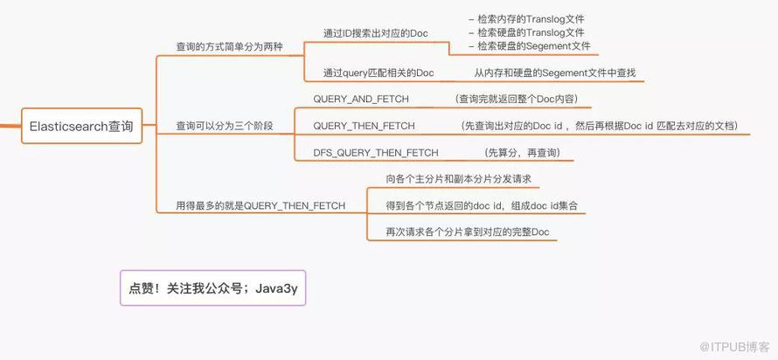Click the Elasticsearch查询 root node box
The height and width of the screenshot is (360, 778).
pyautogui.click(x=82, y=126)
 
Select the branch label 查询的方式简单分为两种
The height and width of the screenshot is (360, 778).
pyautogui.click(x=230, y=46)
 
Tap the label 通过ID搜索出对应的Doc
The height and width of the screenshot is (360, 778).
pyautogui.click(x=376, y=34)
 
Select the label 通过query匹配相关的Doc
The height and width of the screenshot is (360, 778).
pyautogui.click(x=379, y=73)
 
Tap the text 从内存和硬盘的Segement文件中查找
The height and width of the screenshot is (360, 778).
pyautogui.click(x=555, y=73)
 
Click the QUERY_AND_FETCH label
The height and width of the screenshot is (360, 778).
pyautogui.click(x=361, y=99)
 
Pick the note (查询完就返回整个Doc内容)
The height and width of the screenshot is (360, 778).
pyautogui.click(x=516, y=99)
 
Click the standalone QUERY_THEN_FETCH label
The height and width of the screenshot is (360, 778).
pyautogui.click(x=364, y=126)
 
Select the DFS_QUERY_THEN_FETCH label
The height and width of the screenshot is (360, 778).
pyautogui.click(x=376, y=153)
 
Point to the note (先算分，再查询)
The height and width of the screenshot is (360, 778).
pyautogui.click(x=522, y=153)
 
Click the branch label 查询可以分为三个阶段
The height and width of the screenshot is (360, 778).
pyautogui.click(x=225, y=126)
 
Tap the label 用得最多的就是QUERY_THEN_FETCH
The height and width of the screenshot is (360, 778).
pyautogui.click(x=260, y=206)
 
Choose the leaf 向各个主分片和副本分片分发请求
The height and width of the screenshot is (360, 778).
pyautogui.click(x=458, y=179)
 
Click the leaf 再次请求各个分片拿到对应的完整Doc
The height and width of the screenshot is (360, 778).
pyautogui.click(x=468, y=232)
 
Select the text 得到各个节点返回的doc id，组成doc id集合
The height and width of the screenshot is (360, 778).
pyautogui.click(x=482, y=206)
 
